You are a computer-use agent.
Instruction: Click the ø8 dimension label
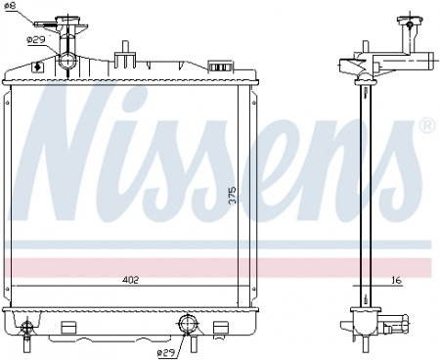(11, 8)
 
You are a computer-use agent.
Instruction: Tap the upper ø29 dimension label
(35, 39)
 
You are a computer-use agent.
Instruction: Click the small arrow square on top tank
(37, 67)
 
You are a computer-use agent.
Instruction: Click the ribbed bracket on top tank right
(223, 66)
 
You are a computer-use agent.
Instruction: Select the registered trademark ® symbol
(426, 125)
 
